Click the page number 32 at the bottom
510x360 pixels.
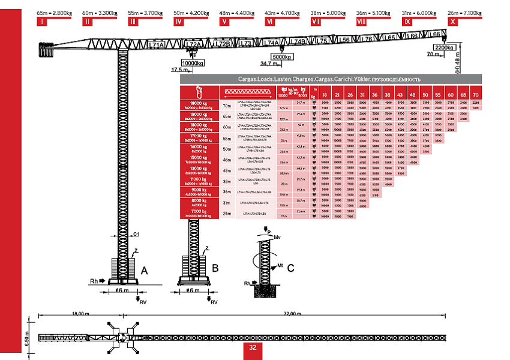(253, 347)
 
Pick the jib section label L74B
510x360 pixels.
(298, 42)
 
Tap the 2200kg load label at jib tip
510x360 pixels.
(445, 47)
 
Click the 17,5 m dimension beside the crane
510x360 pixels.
(179, 70)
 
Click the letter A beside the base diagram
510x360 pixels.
(143, 271)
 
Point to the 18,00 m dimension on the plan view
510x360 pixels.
(80, 314)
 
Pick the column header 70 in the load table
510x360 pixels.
(475, 95)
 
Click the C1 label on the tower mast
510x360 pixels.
(136, 233)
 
